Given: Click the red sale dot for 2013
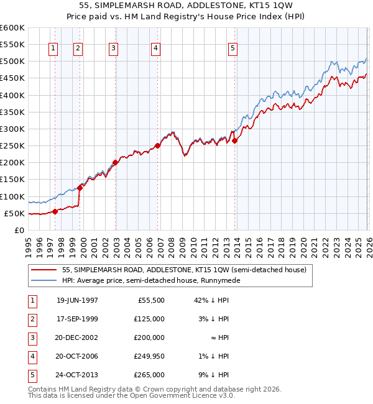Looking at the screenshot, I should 234,141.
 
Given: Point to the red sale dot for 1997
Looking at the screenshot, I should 55,211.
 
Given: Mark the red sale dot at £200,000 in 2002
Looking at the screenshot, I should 116,163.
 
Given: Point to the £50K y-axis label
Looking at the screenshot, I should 14,213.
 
